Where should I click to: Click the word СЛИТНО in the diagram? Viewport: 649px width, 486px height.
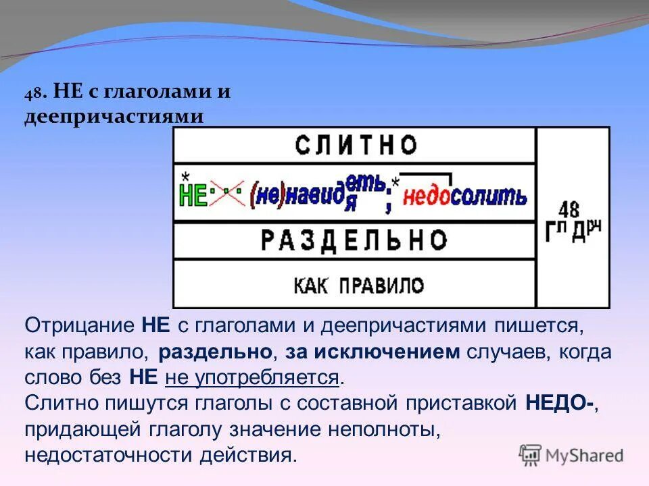[x=356, y=145]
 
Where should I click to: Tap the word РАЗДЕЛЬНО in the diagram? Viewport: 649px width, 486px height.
[x=354, y=240]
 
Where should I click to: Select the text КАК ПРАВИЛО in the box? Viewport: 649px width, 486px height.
[x=358, y=285]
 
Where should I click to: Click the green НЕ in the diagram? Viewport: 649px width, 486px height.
[x=193, y=196]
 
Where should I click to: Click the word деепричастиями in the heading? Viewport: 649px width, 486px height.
[x=114, y=116]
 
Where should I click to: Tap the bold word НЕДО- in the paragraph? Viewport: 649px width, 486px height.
[x=560, y=403]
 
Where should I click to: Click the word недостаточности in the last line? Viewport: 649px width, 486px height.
[x=109, y=454]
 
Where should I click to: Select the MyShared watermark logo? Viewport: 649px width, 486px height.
[x=571, y=455]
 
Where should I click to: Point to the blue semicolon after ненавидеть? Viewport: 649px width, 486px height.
[x=388, y=200]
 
